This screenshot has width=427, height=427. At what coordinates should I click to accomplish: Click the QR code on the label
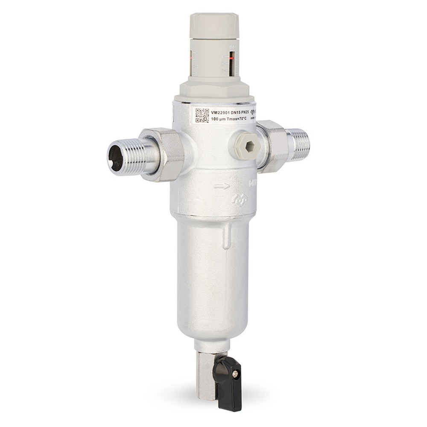point(202,116)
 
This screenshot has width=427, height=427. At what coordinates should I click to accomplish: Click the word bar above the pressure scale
point(232,47)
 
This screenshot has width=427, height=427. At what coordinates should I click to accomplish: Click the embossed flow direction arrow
point(222,186)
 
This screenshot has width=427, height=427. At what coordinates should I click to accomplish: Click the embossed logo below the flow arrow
point(239,200)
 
